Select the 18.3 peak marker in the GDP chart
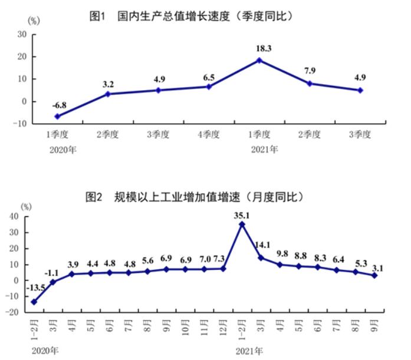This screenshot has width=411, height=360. pos(259,60)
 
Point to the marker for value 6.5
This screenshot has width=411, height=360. pos(209,87)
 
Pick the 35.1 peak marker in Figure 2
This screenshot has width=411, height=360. pos(242,224)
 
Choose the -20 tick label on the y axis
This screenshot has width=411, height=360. pos(12,312)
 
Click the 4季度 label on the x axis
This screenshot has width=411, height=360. pos(209,134)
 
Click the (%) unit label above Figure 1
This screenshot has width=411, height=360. pos(34,21)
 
